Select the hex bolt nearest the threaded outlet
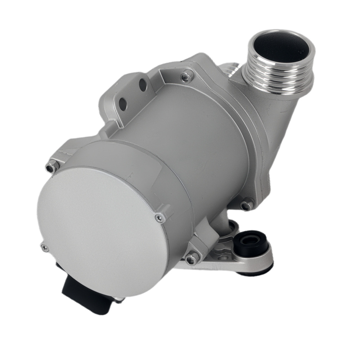pos(186,76)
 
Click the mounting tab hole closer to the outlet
pos(143,85)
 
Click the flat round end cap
pos(101,230)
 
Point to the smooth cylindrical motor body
pos(187,137)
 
